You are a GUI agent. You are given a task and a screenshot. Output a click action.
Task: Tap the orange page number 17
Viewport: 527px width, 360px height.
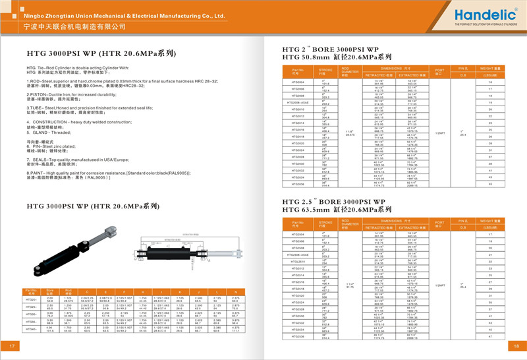pos(11,345)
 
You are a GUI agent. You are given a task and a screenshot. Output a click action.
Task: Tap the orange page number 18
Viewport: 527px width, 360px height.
pos(516,345)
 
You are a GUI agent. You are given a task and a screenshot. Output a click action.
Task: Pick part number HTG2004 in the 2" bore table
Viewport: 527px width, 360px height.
pos(297,82)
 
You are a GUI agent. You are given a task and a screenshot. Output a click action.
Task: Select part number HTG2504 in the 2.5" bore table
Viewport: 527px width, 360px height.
pos(298,233)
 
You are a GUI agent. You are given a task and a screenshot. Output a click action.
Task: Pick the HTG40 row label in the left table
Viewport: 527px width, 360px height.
pos(31,328)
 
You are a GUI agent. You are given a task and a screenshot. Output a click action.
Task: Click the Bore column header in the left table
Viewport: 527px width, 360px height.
pos(49,291)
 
